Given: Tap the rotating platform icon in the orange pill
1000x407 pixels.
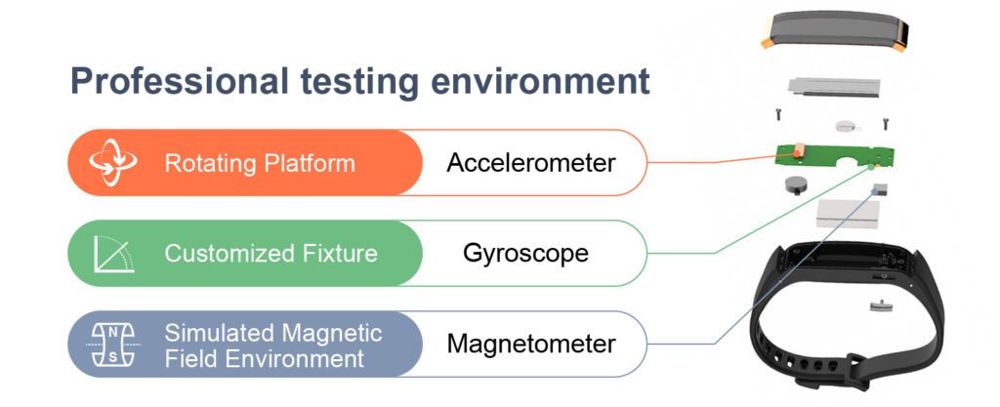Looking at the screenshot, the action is [x=112, y=162].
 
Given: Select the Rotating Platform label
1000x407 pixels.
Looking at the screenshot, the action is [x=260, y=163].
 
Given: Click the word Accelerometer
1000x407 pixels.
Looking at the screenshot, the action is [x=530, y=163].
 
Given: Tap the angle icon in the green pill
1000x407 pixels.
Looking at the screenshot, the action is [x=114, y=254].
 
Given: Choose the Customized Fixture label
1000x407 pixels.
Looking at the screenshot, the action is [x=271, y=254].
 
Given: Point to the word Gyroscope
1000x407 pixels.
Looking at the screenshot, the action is [x=525, y=254].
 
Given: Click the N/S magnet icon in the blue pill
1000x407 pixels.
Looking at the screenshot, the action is [x=112, y=345].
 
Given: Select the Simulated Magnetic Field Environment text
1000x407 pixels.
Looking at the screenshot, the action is [x=273, y=345].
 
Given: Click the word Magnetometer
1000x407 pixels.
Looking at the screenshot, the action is [x=531, y=344].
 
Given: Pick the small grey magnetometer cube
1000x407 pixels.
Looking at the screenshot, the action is [x=880, y=189].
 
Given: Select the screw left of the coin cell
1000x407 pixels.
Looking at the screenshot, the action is [x=779, y=114].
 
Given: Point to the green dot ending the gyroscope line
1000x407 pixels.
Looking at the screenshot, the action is [x=870, y=168].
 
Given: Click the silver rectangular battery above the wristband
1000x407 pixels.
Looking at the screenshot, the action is [x=848, y=214].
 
